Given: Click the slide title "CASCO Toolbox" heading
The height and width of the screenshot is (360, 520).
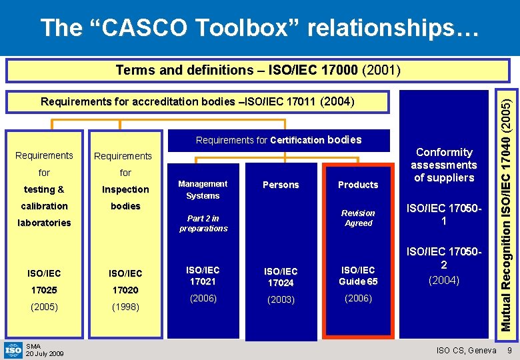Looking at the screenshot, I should (259, 27).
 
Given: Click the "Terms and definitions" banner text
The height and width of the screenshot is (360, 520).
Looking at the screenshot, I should (257, 70).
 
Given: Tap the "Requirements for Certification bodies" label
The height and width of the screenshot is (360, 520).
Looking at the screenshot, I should (278, 140).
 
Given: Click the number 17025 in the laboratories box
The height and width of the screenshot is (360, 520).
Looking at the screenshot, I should (44, 290).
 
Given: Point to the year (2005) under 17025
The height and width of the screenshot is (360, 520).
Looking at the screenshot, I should (44, 307).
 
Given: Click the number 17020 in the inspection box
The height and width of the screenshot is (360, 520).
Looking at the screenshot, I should (125, 290).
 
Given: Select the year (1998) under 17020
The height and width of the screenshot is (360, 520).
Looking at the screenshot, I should (125, 307).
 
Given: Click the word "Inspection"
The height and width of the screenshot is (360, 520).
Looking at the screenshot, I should (125, 189).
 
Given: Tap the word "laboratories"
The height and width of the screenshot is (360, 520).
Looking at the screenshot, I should (44, 223).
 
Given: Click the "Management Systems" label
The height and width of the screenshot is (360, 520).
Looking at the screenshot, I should (203, 189).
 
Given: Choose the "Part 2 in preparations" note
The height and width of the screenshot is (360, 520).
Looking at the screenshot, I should (203, 223).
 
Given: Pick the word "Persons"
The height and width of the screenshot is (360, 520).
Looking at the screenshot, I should (281, 185).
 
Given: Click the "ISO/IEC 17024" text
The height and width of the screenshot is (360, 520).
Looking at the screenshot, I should (281, 277).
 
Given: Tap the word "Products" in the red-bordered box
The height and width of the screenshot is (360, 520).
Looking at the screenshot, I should (358, 185).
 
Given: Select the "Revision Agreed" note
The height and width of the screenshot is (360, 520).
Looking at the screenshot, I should (358, 218).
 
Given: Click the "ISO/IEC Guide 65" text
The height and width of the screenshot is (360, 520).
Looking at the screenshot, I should (358, 276).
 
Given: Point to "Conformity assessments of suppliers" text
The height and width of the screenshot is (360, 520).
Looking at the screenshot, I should (444, 165).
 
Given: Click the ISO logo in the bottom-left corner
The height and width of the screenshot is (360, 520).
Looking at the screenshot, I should (13, 349).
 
